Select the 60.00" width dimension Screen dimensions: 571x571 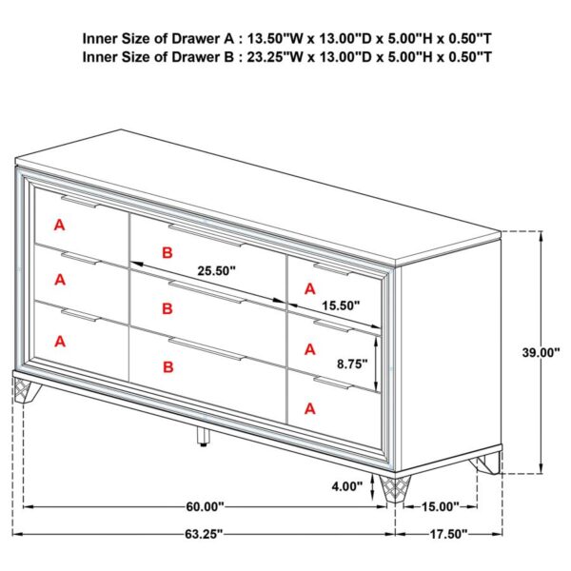205,506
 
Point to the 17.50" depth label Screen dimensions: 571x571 447,534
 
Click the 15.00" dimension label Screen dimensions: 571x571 439,506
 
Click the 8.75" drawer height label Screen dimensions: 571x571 354,363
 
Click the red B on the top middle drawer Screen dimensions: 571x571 167,252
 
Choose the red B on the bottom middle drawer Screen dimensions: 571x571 167,366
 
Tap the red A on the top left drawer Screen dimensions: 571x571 59,226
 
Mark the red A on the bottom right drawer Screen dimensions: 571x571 309,409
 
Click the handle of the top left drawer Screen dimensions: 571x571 79,202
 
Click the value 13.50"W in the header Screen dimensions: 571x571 276,40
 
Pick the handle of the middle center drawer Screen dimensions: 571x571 206,289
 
